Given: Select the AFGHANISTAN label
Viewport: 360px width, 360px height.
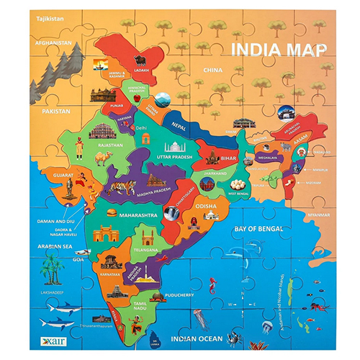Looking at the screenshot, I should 50,43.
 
